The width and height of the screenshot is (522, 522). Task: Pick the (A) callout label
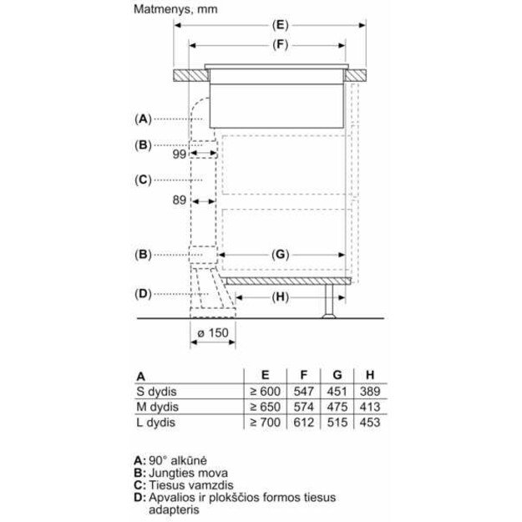pos(143,118)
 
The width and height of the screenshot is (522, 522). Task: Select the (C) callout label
pos(143,179)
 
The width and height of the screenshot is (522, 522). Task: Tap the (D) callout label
pos(143,293)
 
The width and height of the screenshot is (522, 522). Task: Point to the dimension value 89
pos(179,200)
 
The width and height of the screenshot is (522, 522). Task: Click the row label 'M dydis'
pos(159,407)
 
